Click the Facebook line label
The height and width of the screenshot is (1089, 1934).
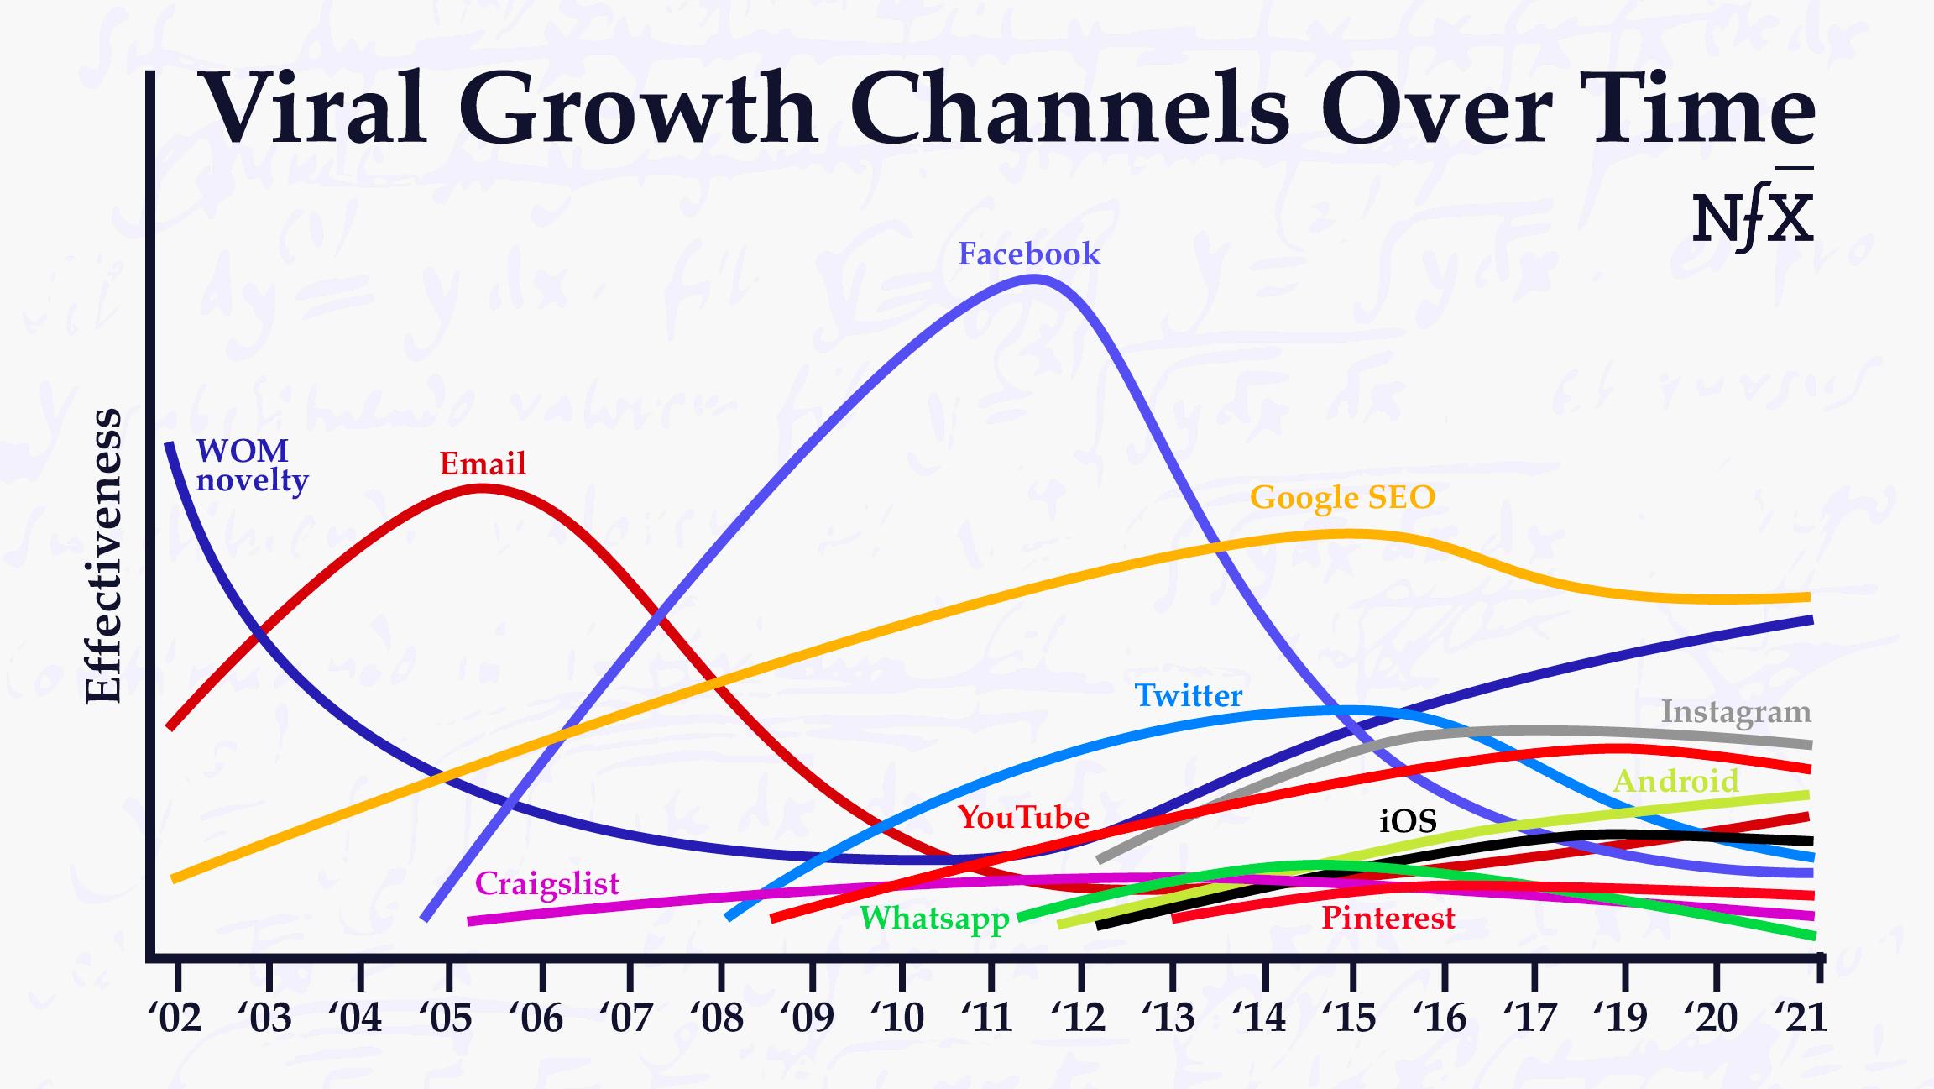[x=1029, y=254]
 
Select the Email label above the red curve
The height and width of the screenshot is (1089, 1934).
[x=483, y=463]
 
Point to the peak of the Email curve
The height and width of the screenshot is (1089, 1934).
[x=481, y=488]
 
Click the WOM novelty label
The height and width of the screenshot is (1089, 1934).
[x=251, y=466]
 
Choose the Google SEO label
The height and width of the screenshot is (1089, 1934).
[x=1342, y=498]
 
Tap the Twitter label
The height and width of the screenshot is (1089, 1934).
[x=1188, y=696]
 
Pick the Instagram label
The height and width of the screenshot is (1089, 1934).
[x=1736, y=712]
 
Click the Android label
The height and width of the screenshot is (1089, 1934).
[x=1675, y=782]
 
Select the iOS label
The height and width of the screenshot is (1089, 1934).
[x=1408, y=821]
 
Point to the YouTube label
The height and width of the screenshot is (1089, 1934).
[x=1023, y=817]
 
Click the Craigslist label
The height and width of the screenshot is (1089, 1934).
[x=547, y=884]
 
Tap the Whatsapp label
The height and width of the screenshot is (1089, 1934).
[x=934, y=919]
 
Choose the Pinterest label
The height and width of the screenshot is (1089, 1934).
[x=1388, y=918]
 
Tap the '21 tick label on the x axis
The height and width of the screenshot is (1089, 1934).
[x=1802, y=1018]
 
